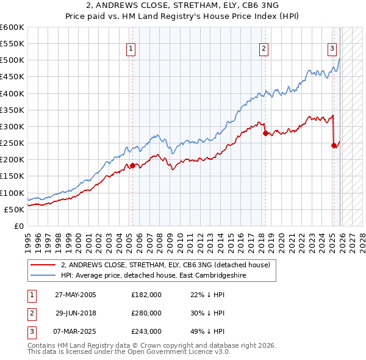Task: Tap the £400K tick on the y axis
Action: coord(12,93)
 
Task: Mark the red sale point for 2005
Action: coord(132,165)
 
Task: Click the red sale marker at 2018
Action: coord(265,133)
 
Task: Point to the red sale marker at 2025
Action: coord(334,145)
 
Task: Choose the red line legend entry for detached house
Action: coord(168,265)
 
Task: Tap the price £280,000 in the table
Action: coord(146,313)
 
